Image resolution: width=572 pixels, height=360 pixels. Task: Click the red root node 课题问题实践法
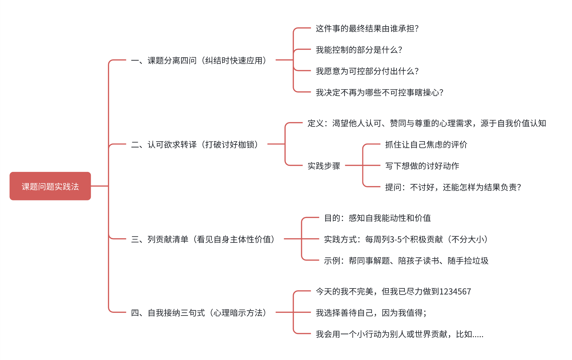(50, 186)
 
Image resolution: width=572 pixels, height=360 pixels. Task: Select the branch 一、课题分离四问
(198, 60)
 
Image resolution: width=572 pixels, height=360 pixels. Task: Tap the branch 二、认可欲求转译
(195, 145)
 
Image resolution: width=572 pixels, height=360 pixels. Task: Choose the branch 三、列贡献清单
(203, 239)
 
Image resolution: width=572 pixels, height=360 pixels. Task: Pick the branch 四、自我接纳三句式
(198, 313)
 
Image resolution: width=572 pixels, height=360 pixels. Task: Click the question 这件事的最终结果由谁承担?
(367, 29)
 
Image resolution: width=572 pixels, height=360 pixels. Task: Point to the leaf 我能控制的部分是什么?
(359, 50)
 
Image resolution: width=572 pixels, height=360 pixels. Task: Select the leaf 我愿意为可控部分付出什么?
(367, 71)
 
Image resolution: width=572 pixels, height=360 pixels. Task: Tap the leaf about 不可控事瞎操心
(379, 93)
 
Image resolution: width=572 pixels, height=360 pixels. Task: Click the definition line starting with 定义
(426, 123)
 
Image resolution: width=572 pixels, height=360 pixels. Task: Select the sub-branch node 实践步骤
(324, 166)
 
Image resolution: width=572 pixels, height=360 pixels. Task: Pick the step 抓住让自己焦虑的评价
(426, 145)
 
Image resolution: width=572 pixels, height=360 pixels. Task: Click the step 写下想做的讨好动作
(422, 166)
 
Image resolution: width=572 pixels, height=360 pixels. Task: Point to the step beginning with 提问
(453, 187)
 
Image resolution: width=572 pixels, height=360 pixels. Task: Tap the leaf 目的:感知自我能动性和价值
(377, 218)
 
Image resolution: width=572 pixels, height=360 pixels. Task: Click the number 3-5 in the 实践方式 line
(396, 240)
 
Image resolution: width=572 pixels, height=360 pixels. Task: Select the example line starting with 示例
(406, 261)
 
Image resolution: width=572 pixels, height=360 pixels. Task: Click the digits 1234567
(455, 292)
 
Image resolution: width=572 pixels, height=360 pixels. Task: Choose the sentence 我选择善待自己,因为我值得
(371, 313)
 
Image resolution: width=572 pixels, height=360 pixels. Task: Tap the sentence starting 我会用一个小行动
(399, 334)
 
